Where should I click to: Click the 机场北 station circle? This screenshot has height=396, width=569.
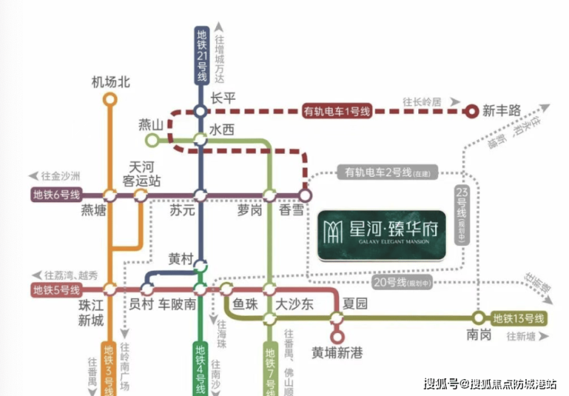click(x=110, y=99)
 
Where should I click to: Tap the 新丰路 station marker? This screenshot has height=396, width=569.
click(x=472, y=111)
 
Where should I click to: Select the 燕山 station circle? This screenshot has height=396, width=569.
click(x=152, y=140)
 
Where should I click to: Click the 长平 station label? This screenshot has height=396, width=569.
click(x=223, y=98)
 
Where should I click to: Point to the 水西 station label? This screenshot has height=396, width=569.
click(x=221, y=130)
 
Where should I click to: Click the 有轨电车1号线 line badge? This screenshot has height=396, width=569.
click(x=337, y=111)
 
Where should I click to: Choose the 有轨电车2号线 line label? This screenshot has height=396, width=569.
click(x=379, y=171)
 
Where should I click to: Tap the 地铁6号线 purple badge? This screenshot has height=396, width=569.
click(x=56, y=195)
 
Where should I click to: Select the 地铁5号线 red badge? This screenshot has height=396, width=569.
click(x=56, y=290)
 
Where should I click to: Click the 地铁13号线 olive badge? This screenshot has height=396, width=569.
click(x=518, y=318)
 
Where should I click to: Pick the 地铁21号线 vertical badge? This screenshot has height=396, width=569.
click(x=201, y=55)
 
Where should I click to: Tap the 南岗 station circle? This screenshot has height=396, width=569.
click(x=478, y=318)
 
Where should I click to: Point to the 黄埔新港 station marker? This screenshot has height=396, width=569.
click(x=336, y=336)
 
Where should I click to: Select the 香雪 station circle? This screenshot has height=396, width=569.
click(x=305, y=195)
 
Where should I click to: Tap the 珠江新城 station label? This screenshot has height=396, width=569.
click(x=91, y=312)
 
